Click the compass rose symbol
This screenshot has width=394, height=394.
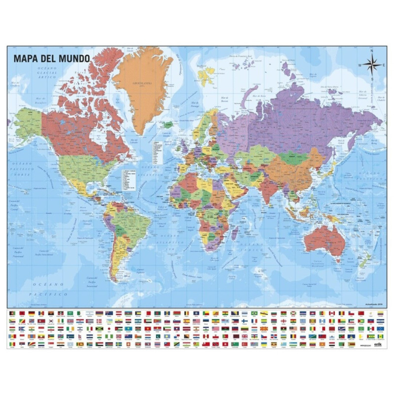pos(372,65)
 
